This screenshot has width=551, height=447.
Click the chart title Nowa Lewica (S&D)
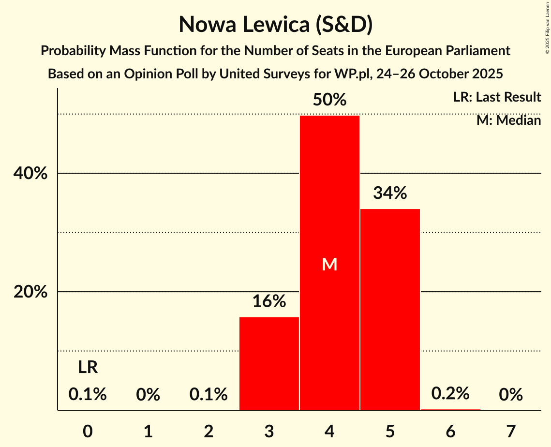(275, 24)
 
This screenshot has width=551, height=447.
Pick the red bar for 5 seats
(390, 310)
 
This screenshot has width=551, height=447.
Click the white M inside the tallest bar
(329, 264)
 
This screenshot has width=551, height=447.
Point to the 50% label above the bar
(329, 100)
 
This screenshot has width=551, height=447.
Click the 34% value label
(390, 194)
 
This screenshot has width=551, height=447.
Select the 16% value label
(269, 302)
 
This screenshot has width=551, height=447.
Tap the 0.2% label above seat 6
(450, 394)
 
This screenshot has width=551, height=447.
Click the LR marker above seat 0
(88, 368)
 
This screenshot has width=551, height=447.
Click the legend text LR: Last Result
(497, 97)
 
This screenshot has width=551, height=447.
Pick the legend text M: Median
(508, 120)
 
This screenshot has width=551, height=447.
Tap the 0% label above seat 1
(148, 395)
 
